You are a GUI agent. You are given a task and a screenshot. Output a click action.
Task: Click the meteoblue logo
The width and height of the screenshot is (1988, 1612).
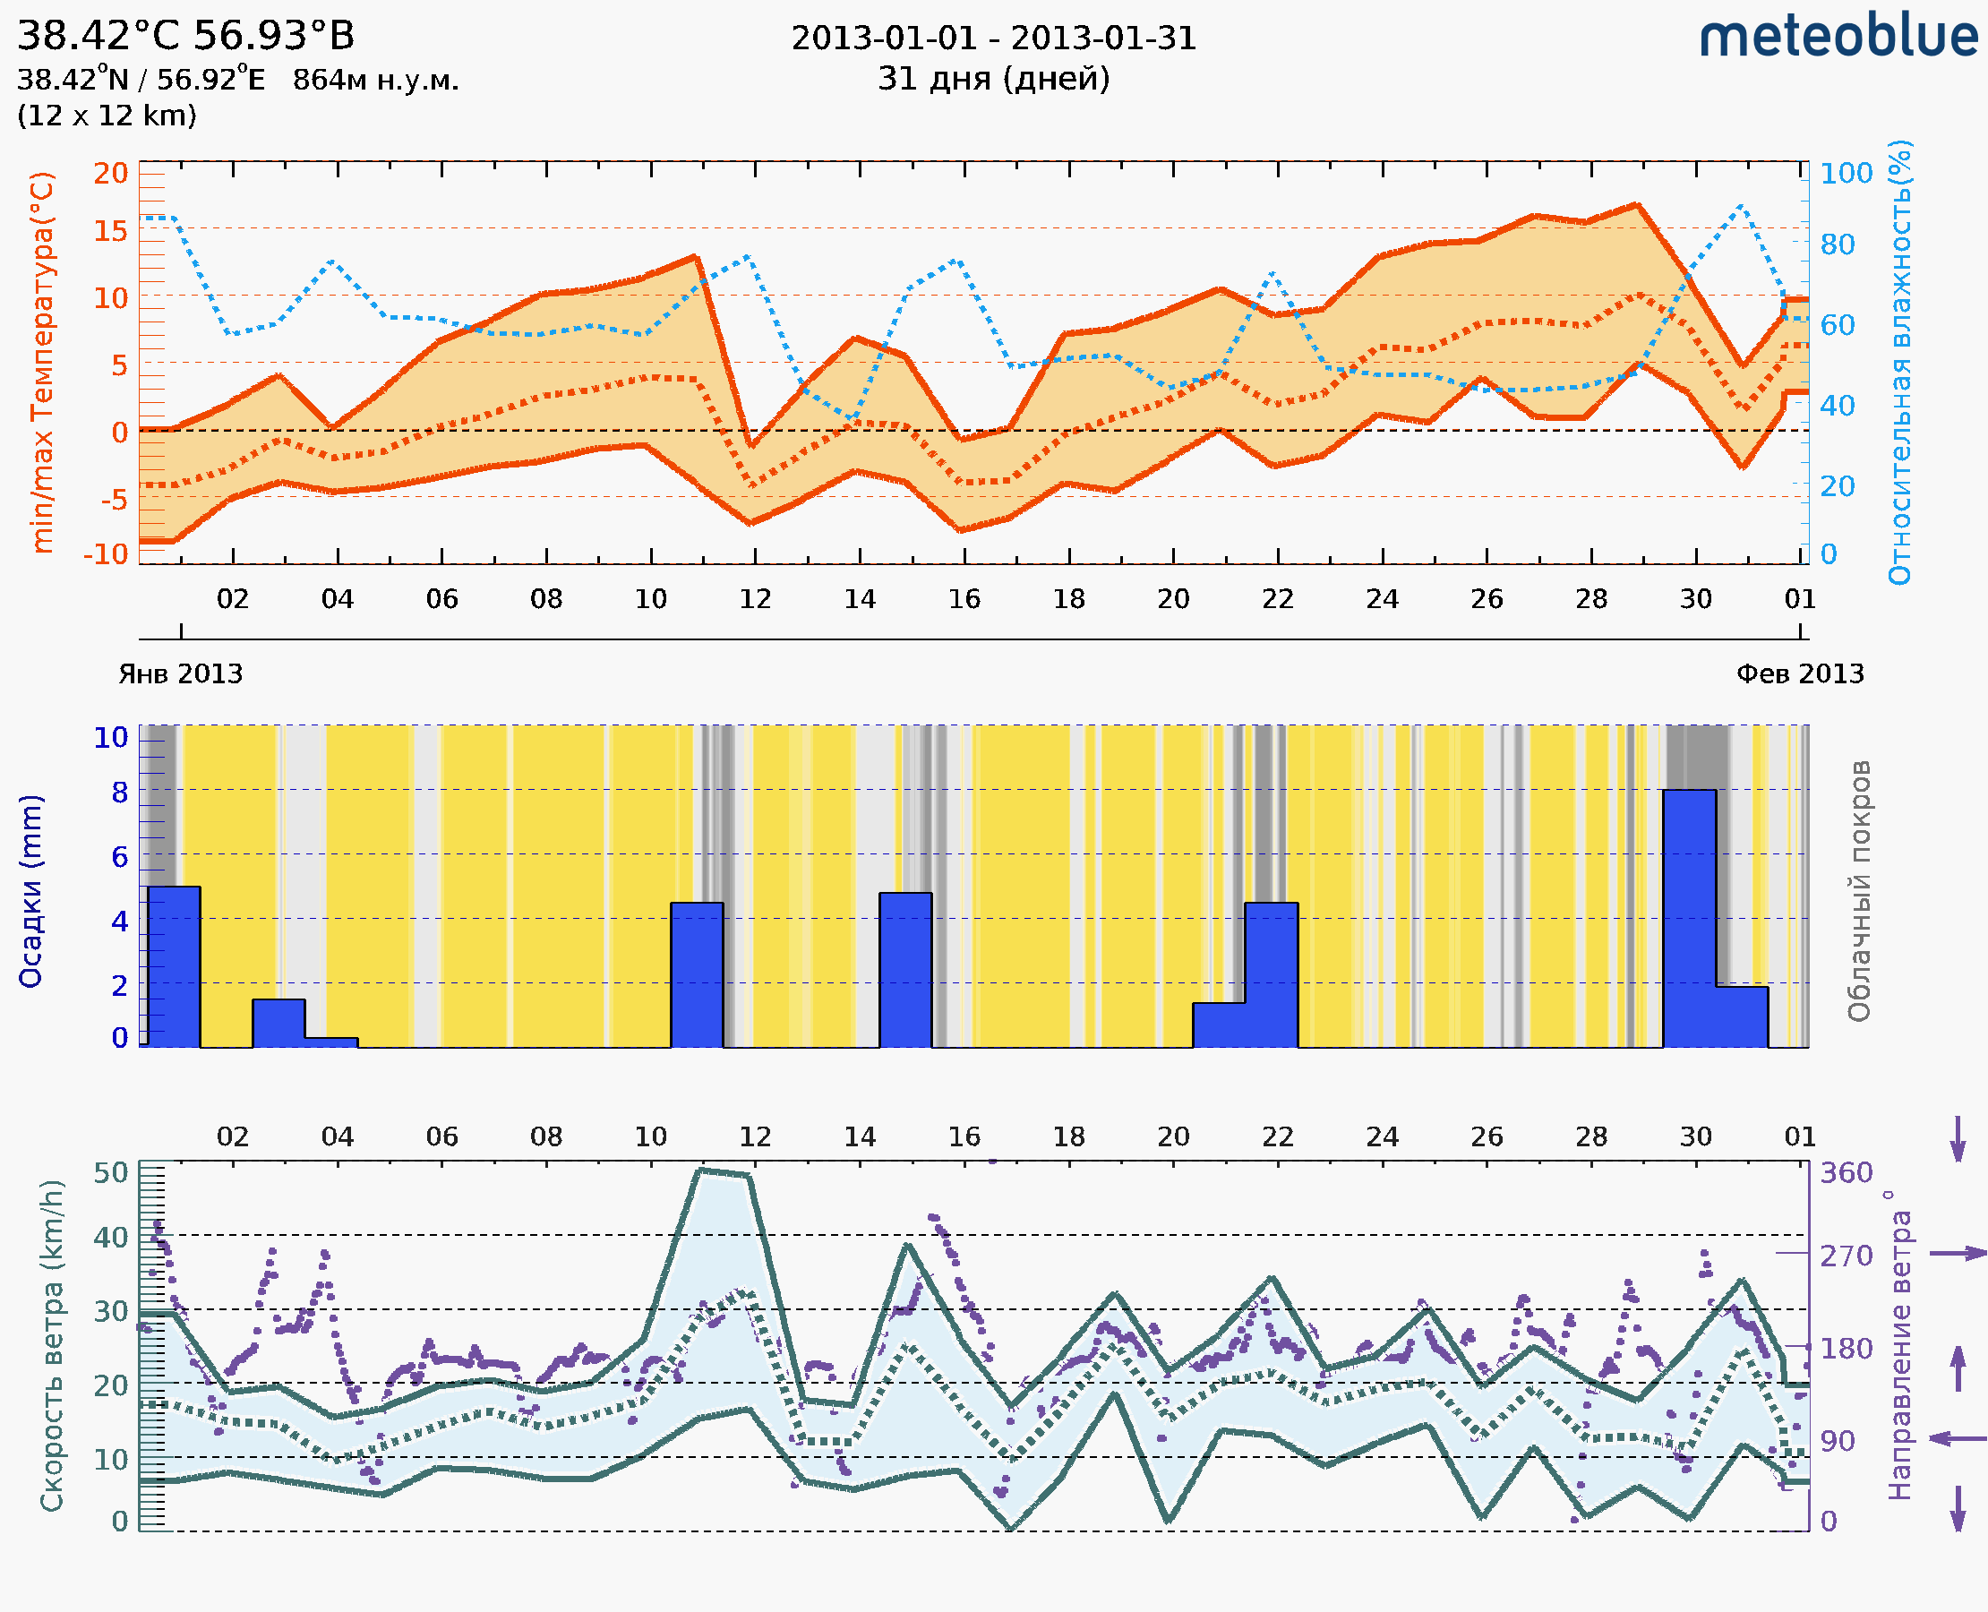click(x=1838, y=37)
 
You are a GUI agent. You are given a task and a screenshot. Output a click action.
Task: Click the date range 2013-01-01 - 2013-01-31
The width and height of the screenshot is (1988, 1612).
click(x=993, y=39)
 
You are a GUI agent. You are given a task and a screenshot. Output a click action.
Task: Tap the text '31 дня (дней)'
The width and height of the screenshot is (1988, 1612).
click(x=993, y=79)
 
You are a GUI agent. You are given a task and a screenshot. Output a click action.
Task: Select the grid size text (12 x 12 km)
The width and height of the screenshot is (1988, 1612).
click(x=107, y=116)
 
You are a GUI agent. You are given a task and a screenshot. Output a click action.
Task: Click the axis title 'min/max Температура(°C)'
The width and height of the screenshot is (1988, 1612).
click(x=43, y=362)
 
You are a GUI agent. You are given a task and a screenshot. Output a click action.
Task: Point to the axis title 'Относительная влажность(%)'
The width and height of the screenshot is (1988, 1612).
click(x=1899, y=362)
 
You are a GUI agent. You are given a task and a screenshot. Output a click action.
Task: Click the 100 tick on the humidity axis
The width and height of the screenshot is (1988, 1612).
click(x=1846, y=174)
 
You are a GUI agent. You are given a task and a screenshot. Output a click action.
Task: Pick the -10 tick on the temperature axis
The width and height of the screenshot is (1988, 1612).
click(x=106, y=554)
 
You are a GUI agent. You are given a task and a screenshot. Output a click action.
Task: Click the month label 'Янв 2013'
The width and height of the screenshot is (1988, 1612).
click(x=180, y=673)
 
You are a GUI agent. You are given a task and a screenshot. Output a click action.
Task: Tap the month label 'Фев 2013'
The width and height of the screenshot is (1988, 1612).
click(x=1800, y=673)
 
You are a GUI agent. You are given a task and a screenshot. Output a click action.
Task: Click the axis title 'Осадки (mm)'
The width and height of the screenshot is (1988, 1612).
click(x=30, y=891)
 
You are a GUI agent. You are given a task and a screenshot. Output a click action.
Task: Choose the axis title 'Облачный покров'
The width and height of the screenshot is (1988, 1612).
click(x=1859, y=891)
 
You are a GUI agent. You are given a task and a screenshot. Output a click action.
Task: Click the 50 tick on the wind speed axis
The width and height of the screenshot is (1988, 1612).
click(x=110, y=1173)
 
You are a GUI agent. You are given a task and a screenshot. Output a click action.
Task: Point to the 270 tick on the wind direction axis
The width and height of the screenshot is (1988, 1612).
click(x=1846, y=1256)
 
